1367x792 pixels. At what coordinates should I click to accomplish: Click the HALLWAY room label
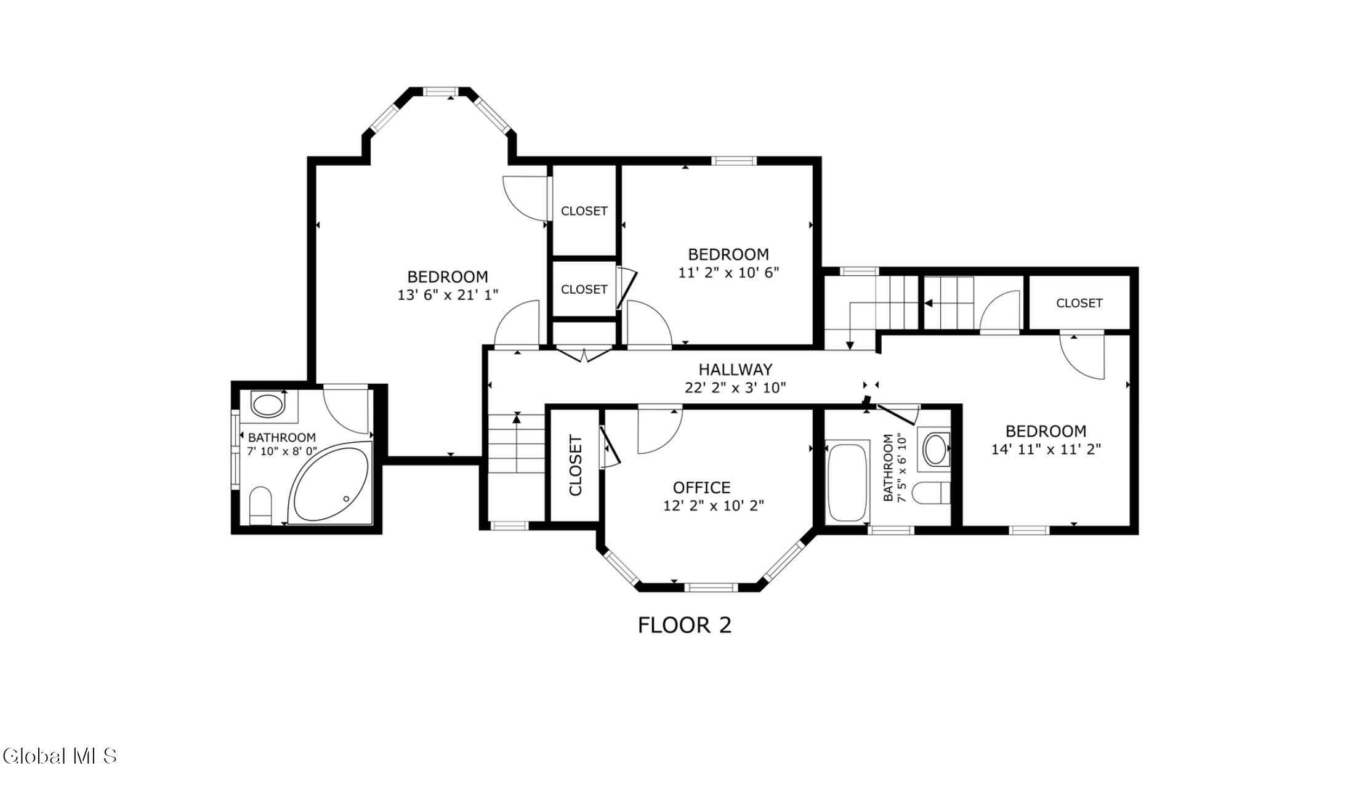(x=735, y=370)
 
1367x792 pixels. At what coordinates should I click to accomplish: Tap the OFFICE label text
(x=701, y=488)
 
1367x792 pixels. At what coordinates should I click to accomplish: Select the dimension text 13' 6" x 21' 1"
(x=448, y=295)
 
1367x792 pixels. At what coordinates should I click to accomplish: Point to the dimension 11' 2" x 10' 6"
(x=728, y=272)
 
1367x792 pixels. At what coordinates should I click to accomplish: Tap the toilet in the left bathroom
(x=260, y=506)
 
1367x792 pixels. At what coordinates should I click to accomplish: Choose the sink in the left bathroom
(x=268, y=406)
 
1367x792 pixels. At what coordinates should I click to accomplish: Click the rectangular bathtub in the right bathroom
(x=847, y=480)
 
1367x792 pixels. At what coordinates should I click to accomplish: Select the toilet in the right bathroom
(x=930, y=493)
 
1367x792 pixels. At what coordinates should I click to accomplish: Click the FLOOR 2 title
(x=685, y=625)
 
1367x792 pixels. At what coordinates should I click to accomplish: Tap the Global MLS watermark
(x=60, y=756)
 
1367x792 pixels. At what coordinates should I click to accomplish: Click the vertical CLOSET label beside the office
(x=575, y=466)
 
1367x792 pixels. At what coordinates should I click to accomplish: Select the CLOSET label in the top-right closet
(x=1079, y=303)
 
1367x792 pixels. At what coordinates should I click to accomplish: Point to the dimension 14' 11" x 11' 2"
(x=1046, y=450)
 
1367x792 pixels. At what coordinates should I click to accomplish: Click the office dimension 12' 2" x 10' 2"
(x=714, y=506)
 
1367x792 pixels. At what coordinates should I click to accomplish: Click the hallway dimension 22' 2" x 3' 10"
(x=735, y=387)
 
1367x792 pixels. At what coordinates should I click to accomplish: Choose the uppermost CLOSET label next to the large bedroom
(x=584, y=211)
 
